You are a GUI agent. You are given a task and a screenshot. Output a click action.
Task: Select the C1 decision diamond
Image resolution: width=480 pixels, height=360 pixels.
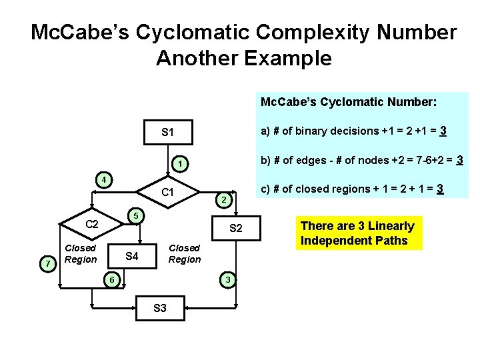click(x=168, y=193)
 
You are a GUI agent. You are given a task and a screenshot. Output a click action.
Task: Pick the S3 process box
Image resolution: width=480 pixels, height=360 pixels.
click(x=160, y=308)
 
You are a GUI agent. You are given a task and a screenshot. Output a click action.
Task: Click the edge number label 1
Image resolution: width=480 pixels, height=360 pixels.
click(x=179, y=163)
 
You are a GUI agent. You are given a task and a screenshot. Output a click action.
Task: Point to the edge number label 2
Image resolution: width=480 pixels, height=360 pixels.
click(x=225, y=201)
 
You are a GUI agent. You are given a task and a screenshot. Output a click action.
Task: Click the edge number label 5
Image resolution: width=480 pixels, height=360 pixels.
click(x=135, y=215)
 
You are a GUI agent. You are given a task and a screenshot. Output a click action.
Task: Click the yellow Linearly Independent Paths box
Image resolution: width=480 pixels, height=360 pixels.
click(x=357, y=233)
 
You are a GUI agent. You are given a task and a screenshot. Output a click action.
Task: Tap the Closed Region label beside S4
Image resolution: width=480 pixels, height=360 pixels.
click(x=185, y=253)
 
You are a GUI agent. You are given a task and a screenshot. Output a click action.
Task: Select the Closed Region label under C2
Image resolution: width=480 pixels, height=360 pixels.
click(x=81, y=253)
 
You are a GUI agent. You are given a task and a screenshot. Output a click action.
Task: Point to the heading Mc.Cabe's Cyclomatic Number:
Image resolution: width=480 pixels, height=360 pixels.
click(x=348, y=103)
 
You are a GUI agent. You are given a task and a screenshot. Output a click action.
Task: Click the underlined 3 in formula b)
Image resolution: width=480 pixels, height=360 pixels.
click(x=459, y=159)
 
